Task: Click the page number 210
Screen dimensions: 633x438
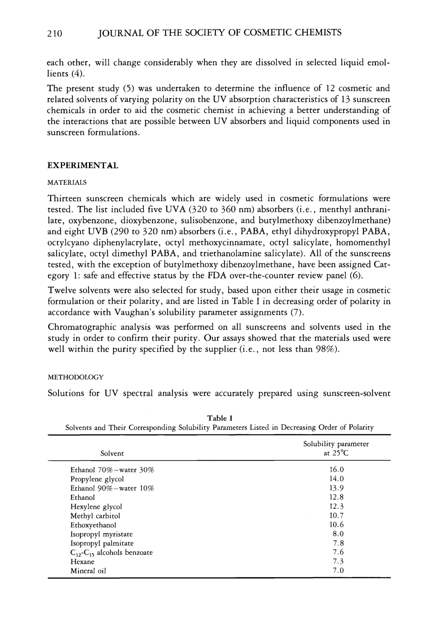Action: pyautogui.click(x=55, y=33)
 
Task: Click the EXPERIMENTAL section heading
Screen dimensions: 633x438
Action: pyautogui.click(x=83, y=166)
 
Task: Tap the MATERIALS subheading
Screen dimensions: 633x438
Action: pyautogui.click(x=67, y=183)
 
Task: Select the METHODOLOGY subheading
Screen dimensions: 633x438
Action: pyautogui.click(x=76, y=377)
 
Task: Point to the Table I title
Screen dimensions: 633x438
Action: pyautogui.click(x=220, y=418)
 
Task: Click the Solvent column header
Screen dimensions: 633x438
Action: pyautogui.click(x=112, y=453)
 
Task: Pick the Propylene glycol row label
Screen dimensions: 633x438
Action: pyautogui.click(x=97, y=479)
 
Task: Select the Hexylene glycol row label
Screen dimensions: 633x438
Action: pyautogui.click(x=96, y=507)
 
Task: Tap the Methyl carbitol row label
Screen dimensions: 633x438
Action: pyautogui.click(x=95, y=516)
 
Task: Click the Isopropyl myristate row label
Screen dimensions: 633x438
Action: pyautogui.click(x=102, y=534)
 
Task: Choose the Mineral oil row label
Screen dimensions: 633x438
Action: pyautogui.click(x=88, y=571)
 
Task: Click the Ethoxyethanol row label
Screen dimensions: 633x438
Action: pyautogui.click(x=93, y=525)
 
